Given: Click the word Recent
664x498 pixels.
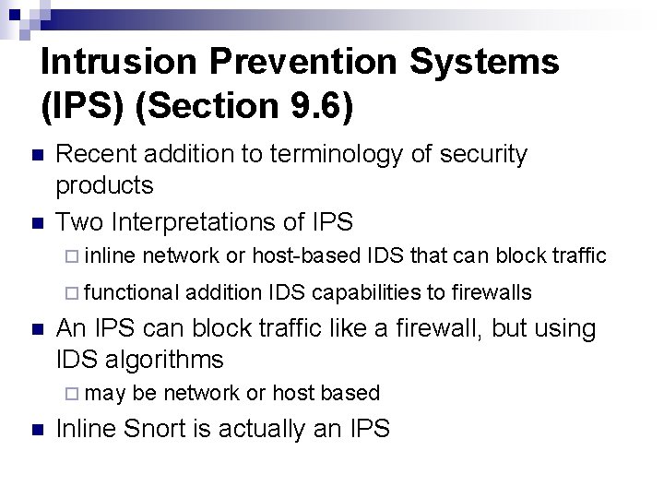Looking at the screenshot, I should [x=94, y=155].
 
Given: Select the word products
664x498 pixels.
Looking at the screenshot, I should [x=104, y=185].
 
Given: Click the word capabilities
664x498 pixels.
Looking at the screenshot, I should [x=368, y=292].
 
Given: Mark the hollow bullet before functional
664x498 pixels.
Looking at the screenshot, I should [x=75, y=293].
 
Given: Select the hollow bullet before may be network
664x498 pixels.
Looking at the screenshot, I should [x=75, y=394].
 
